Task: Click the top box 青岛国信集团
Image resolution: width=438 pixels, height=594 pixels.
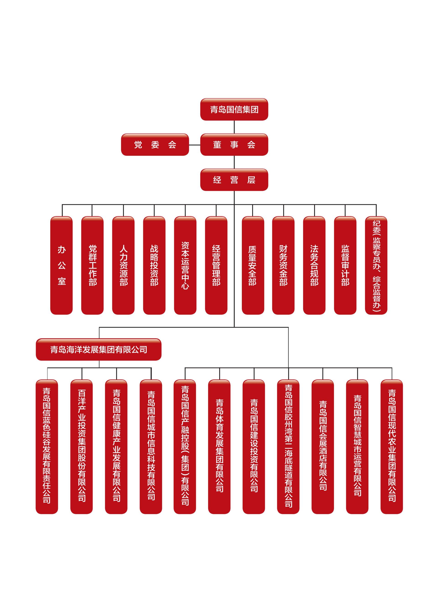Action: point(234,109)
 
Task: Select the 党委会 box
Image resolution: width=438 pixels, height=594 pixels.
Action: point(155,145)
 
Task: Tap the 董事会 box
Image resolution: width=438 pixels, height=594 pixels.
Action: point(234,145)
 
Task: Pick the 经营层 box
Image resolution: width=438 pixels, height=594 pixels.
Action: point(234,180)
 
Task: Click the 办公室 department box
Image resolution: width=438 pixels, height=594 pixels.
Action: point(62,265)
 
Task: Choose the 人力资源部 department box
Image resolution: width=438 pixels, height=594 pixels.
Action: point(123,265)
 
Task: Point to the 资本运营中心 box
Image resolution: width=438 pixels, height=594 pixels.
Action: point(185,265)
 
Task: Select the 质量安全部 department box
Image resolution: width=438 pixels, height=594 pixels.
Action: point(253,265)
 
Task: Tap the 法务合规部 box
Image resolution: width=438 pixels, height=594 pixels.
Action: point(314,265)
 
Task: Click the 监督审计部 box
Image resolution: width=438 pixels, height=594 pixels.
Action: point(345,265)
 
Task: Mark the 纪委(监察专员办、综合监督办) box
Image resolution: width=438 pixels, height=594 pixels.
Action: point(376,265)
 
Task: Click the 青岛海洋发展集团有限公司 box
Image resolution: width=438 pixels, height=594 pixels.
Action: point(99,350)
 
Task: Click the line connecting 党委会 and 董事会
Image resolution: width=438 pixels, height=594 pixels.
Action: point(195,145)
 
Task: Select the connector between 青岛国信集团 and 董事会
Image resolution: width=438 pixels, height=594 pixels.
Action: point(234,127)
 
